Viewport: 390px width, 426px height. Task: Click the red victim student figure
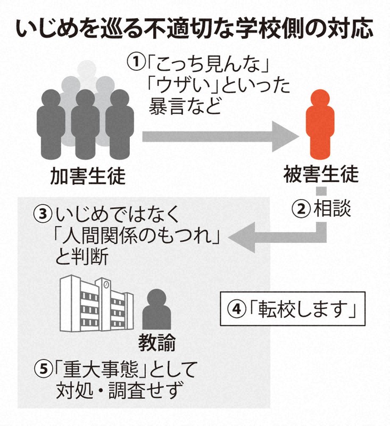[x=320, y=125]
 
